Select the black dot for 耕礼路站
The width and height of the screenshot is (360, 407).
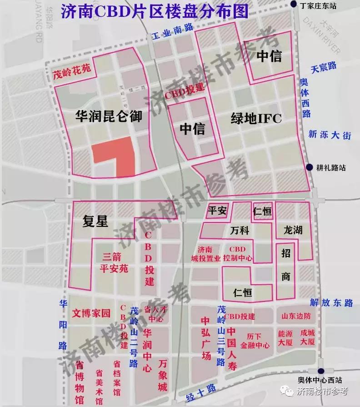(x=310, y=167)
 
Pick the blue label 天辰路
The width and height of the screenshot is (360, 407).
(x=324, y=66)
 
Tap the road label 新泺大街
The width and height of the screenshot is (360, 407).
(x=330, y=135)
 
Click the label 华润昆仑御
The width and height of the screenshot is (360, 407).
(x=109, y=117)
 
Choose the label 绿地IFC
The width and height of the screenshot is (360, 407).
(x=256, y=119)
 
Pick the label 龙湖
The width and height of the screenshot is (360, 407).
(x=293, y=230)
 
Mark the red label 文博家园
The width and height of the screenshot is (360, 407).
(x=91, y=313)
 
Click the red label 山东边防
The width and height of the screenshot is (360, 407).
(x=296, y=316)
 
